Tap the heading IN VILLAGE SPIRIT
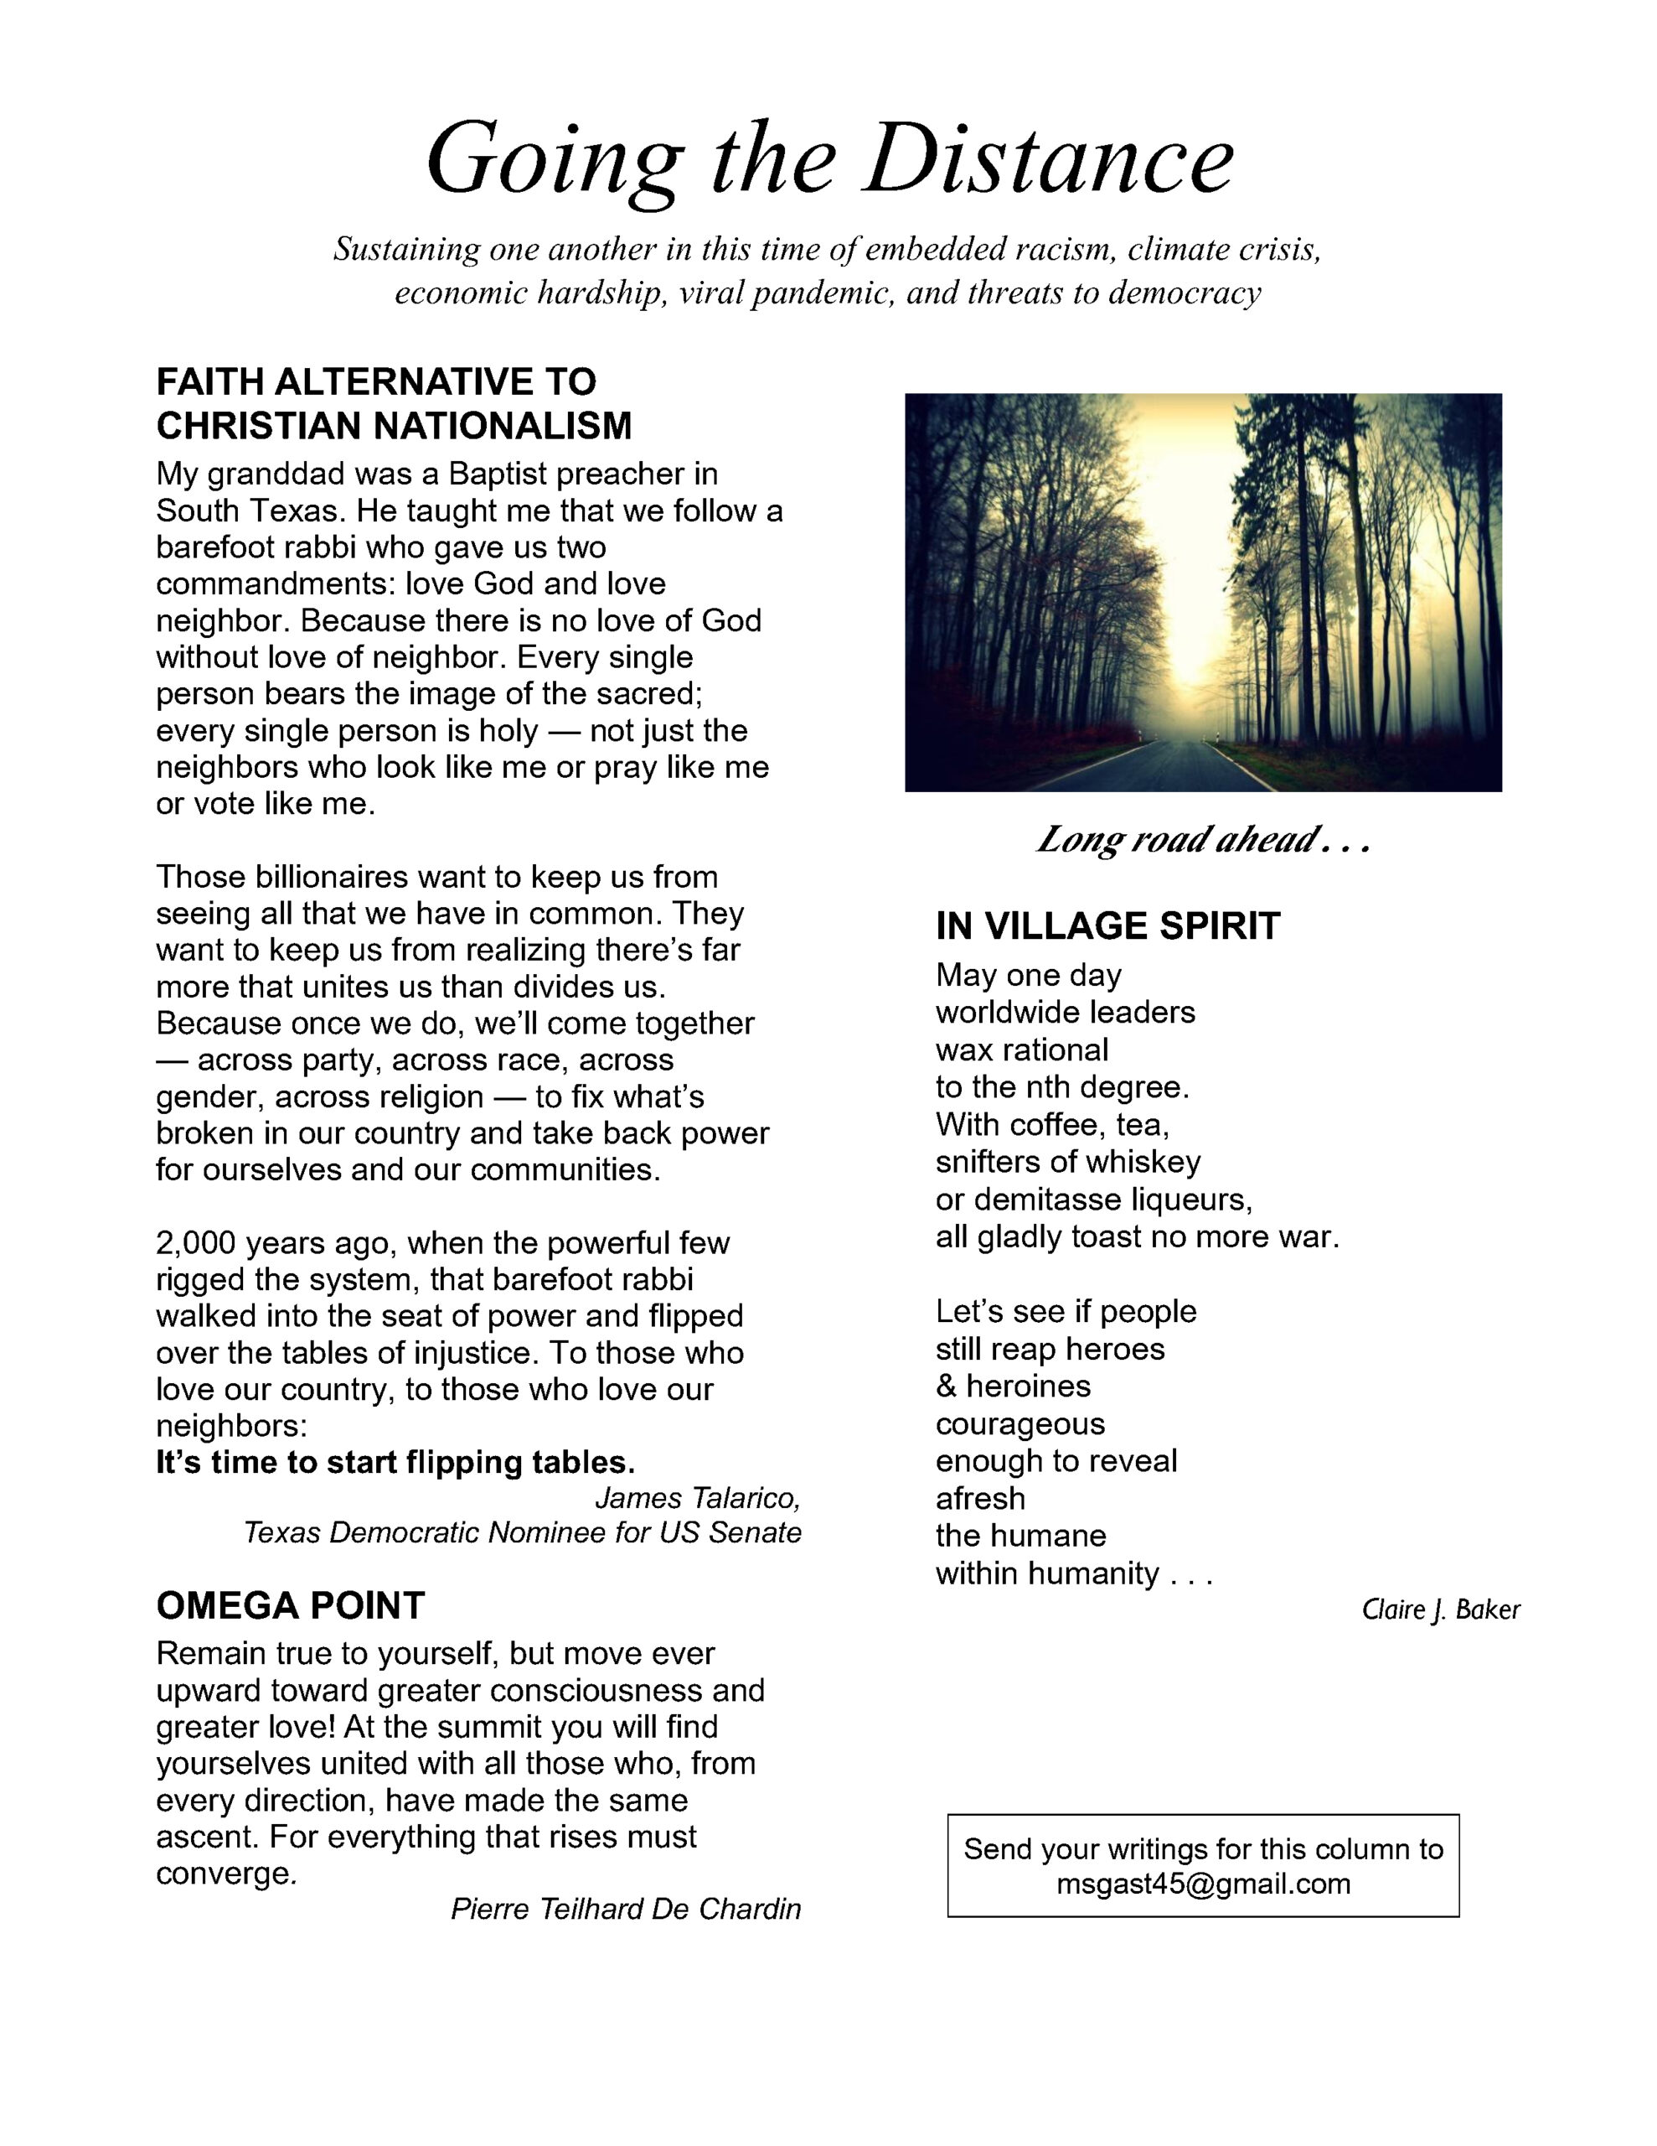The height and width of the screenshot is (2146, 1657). [x=1107, y=925]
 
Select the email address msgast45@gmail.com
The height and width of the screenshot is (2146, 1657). [x=1202, y=1884]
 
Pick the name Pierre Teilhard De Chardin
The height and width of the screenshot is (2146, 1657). [x=625, y=1908]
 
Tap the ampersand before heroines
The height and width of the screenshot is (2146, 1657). [x=946, y=1386]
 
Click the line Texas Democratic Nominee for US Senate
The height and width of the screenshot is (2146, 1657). [x=523, y=1533]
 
